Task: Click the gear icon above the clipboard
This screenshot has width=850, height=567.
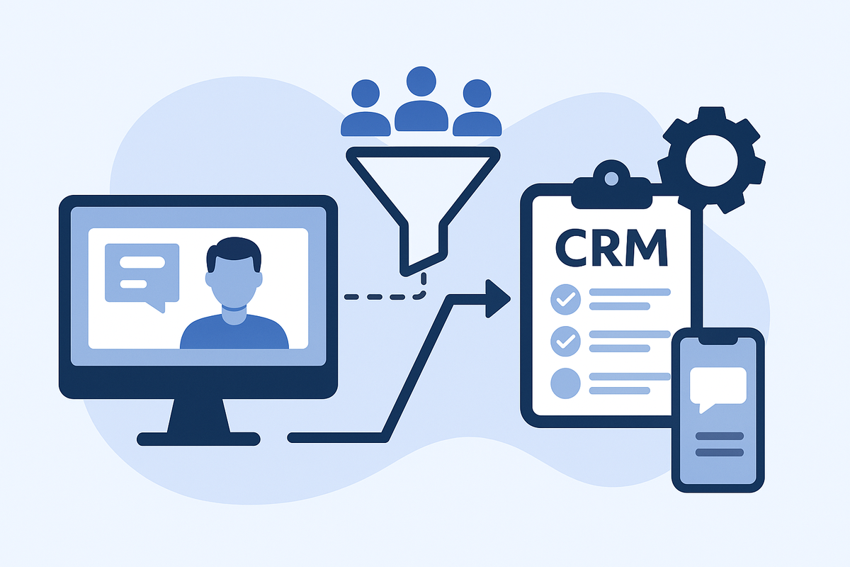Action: pyautogui.click(x=711, y=160)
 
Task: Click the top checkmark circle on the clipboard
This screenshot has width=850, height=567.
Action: pyautogui.click(x=565, y=300)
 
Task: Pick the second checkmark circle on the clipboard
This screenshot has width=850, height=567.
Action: pyautogui.click(x=565, y=341)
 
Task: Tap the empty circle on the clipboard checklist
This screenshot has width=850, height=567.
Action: pyautogui.click(x=565, y=383)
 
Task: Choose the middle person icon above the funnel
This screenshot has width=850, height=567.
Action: pyautogui.click(x=423, y=102)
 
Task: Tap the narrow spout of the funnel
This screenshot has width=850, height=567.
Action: pyautogui.click(x=424, y=245)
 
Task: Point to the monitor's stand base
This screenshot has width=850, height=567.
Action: pyautogui.click(x=198, y=438)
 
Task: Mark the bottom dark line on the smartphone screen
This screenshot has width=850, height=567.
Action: pyautogui.click(x=720, y=452)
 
